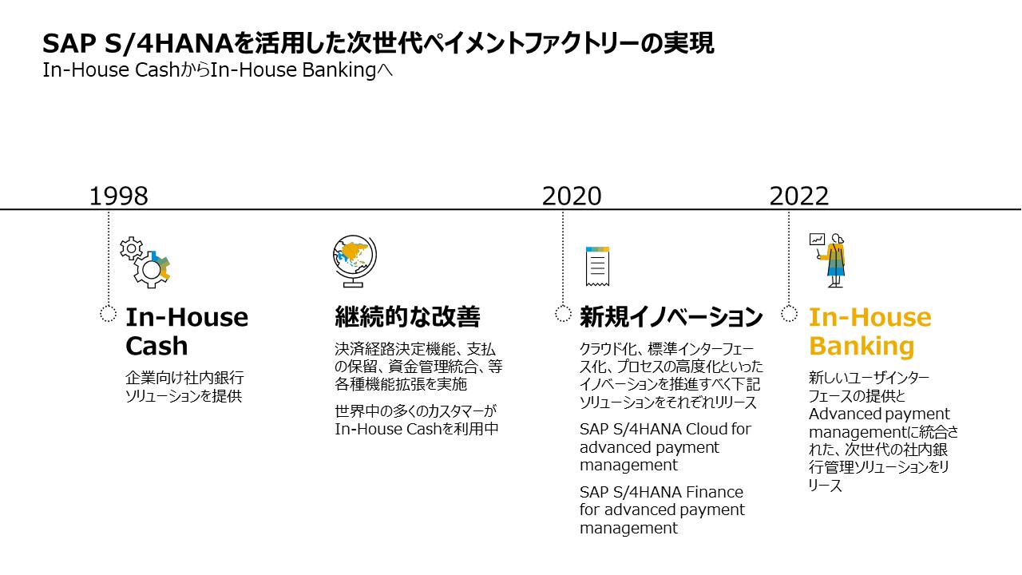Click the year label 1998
pyautogui.click(x=118, y=196)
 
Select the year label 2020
pyautogui.click(x=572, y=196)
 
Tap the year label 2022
pyautogui.click(x=799, y=196)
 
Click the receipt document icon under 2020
pyautogui.click(x=597, y=267)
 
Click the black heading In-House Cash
pyautogui.click(x=187, y=331)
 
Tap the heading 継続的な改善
pyautogui.click(x=407, y=318)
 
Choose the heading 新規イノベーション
pyautogui.click(x=671, y=318)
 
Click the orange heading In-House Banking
pyautogui.click(x=869, y=331)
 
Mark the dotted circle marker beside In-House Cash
pyautogui.click(x=109, y=313)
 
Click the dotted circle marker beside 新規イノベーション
pyautogui.click(x=563, y=313)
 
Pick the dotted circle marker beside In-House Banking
pyautogui.click(x=790, y=313)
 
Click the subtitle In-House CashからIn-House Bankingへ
pyautogui.click(x=218, y=70)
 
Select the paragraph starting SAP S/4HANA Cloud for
pyautogui.click(x=665, y=446)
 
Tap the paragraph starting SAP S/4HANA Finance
pyautogui.click(x=662, y=510)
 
